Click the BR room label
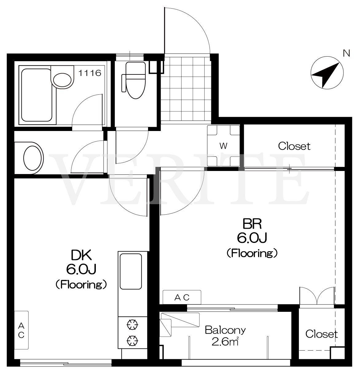252,224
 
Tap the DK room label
81,255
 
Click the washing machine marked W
224,146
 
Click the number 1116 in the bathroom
90,73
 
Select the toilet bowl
135,81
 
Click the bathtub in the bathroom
37,95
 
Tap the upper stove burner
132,325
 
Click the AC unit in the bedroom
182,297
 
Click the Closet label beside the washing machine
294,146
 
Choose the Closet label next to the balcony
322,334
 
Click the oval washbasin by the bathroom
33,158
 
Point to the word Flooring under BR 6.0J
252,253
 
